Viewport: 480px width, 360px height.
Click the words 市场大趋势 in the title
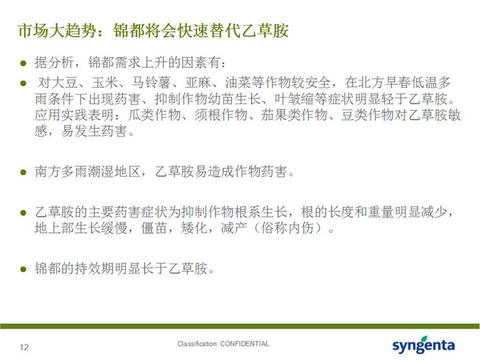(58, 31)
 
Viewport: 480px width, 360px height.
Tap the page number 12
(24, 347)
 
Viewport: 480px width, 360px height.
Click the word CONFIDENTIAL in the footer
(244, 344)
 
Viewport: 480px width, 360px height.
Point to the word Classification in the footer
(197, 344)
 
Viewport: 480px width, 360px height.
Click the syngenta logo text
(423, 346)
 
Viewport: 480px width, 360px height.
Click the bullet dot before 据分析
(23, 64)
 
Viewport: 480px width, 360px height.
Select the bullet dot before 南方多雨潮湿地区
(23, 172)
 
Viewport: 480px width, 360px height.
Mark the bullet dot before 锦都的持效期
(23, 269)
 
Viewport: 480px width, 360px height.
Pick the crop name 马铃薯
(151, 82)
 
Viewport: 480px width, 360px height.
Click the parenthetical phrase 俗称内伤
(287, 228)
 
